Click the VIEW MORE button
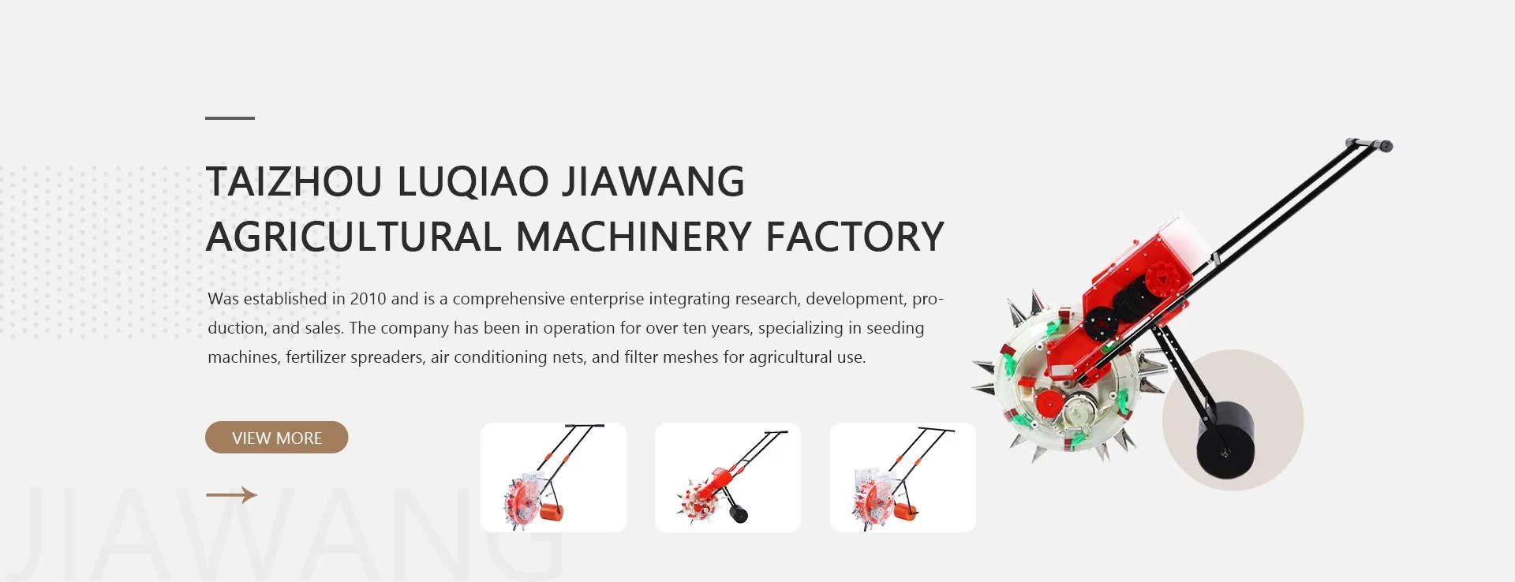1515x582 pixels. pyautogui.click(x=276, y=438)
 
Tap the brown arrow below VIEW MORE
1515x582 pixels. pyautogui.click(x=231, y=495)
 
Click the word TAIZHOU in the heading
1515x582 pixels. pyautogui.click(x=294, y=181)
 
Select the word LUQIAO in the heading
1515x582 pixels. pyautogui.click(x=472, y=181)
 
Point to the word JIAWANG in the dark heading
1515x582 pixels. pyautogui.click(x=653, y=181)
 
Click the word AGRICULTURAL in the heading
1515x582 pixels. pyautogui.click(x=353, y=237)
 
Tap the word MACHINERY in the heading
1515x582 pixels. pyautogui.click(x=634, y=237)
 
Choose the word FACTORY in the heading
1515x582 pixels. pyautogui.click(x=855, y=237)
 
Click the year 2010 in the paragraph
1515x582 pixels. pyautogui.click(x=368, y=299)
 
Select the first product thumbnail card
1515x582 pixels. pyautogui.click(x=553, y=477)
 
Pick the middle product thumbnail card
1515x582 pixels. pyautogui.click(x=728, y=477)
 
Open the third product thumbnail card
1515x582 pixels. pyautogui.click(x=903, y=477)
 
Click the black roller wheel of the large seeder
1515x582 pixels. pyautogui.click(x=1225, y=442)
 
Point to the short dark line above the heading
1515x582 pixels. pyautogui.click(x=230, y=118)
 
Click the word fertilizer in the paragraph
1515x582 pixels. pyautogui.click(x=315, y=357)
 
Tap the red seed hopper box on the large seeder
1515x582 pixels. pyautogui.click(x=1136, y=276)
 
